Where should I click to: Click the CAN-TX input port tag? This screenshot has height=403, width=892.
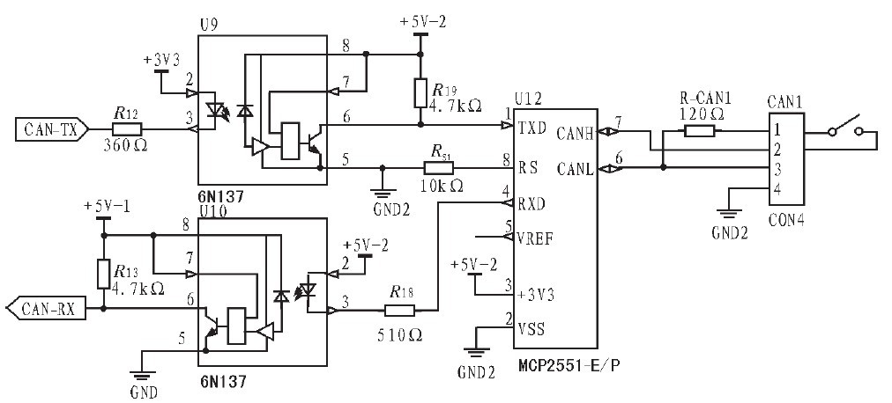[52, 130]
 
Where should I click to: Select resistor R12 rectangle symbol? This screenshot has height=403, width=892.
[128, 130]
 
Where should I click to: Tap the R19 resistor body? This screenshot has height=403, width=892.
[420, 93]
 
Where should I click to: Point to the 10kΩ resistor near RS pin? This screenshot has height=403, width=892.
[439, 168]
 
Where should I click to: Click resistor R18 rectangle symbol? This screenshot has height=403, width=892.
[399, 310]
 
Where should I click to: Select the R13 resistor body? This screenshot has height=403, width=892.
[103, 275]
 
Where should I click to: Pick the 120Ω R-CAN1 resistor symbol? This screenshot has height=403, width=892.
[699, 131]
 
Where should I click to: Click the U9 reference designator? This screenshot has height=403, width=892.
[208, 26]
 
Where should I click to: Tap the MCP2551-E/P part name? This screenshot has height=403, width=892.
[569, 365]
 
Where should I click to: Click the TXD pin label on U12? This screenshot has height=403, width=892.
[529, 128]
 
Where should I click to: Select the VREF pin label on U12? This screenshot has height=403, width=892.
[534, 238]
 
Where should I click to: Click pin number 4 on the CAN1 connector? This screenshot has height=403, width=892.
[777, 188]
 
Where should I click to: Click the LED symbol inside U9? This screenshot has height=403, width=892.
[215, 108]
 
